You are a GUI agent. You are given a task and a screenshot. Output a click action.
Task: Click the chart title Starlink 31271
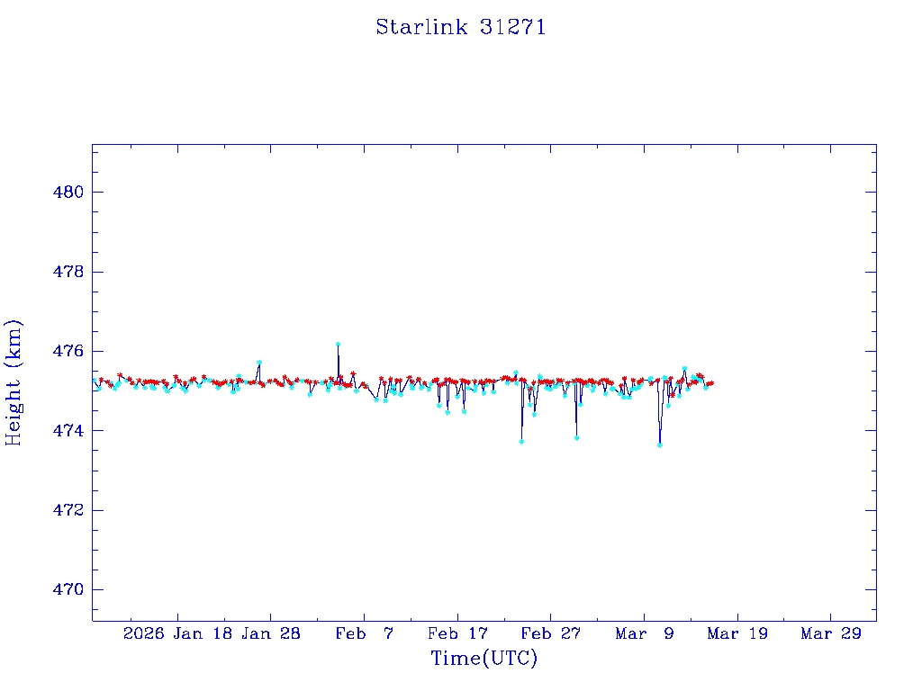click(460, 27)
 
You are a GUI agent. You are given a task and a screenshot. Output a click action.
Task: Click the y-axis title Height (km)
click(14, 382)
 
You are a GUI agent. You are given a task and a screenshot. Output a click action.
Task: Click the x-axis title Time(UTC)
click(484, 659)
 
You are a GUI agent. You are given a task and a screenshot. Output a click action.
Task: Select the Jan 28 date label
click(271, 634)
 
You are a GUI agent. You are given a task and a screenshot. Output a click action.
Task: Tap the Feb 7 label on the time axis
click(364, 634)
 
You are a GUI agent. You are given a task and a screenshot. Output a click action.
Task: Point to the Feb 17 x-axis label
click(457, 634)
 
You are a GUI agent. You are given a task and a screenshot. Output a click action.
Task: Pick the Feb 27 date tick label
click(551, 634)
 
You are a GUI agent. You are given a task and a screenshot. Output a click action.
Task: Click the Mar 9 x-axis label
click(644, 634)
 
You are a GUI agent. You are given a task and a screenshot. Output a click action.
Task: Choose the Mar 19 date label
click(737, 634)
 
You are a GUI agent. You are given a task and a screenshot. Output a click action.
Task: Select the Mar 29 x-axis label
click(831, 634)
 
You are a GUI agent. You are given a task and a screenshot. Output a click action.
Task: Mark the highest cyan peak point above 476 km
click(338, 344)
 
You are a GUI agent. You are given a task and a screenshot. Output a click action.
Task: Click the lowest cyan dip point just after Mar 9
click(660, 444)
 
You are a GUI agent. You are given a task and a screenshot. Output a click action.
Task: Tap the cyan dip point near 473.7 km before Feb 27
click(521, 442)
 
